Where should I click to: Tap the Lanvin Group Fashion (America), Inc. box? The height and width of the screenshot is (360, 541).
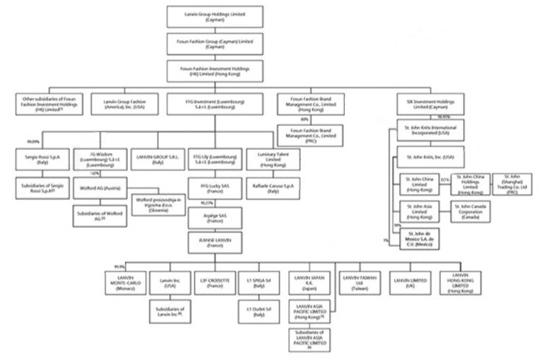119,102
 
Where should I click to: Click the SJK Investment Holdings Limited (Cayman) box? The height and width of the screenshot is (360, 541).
428,102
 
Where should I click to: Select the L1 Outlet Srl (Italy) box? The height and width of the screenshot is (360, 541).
256,312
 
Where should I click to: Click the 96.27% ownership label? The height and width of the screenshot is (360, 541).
207,202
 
